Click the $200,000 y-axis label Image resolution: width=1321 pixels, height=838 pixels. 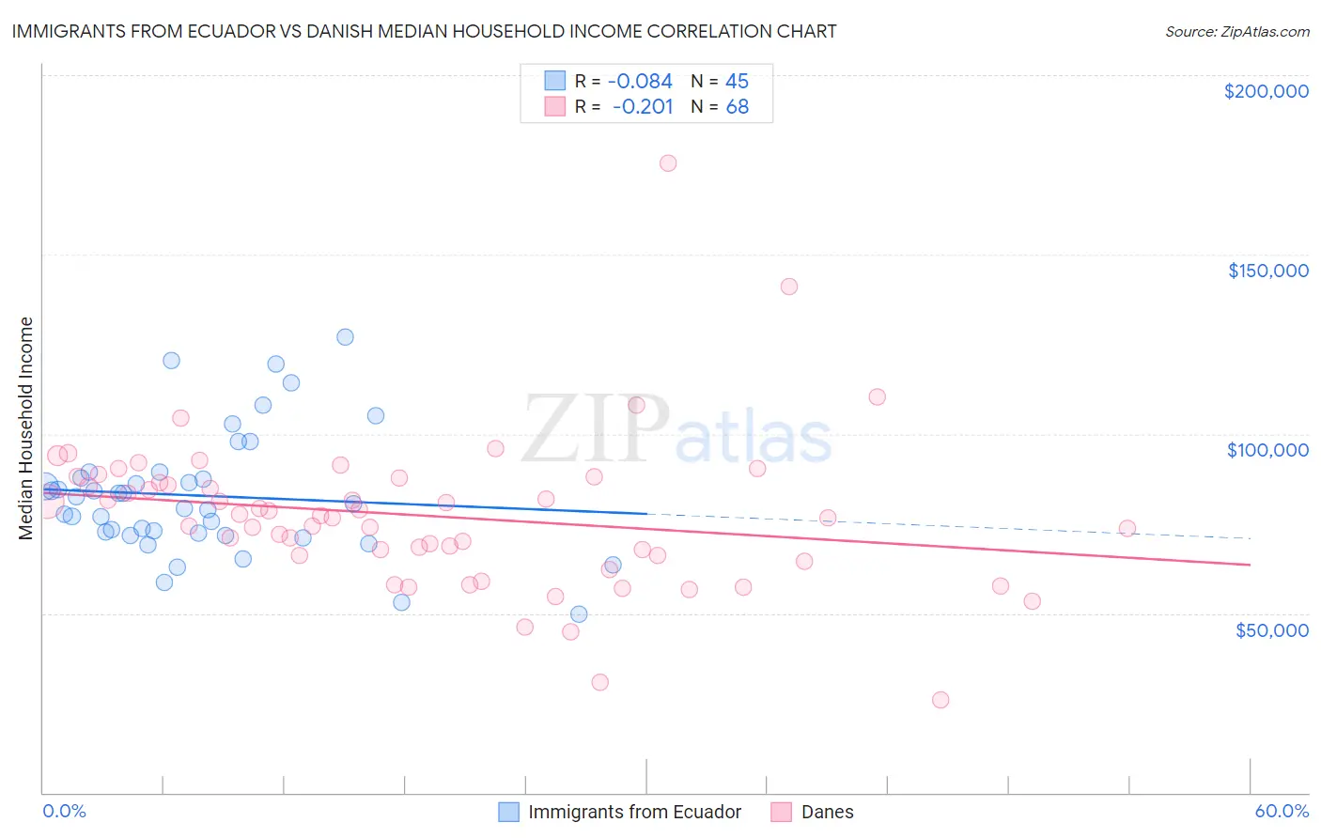coord(1266,91)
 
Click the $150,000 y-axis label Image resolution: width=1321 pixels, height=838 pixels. coord(1267,271)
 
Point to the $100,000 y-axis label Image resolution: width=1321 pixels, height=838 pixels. coord(1267,450)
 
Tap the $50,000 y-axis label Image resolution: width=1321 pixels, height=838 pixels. coord(1271,629)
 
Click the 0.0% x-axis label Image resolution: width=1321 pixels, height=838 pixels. coord(64,812)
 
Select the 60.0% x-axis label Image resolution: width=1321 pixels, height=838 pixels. coord(1282,812)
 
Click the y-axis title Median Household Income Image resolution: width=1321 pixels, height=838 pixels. coord(25,428)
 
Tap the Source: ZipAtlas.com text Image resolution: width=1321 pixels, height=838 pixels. coord(1236,31)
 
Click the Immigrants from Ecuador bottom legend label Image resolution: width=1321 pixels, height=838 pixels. coord(634,812)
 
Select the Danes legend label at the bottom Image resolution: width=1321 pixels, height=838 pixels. coord(827,812)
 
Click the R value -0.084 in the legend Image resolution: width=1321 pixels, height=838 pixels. coord(640,81)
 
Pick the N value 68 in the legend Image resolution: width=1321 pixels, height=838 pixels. coord(738,106)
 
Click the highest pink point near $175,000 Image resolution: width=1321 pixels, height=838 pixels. coord(668,163)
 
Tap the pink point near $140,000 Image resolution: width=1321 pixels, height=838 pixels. coord(789,287)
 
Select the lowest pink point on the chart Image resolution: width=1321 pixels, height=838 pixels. coord(940,700)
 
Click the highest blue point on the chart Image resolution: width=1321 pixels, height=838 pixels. coord(345,337)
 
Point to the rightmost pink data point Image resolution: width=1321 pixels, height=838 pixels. coord(1127,529)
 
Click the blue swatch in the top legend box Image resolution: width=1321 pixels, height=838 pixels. coord(555,81)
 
